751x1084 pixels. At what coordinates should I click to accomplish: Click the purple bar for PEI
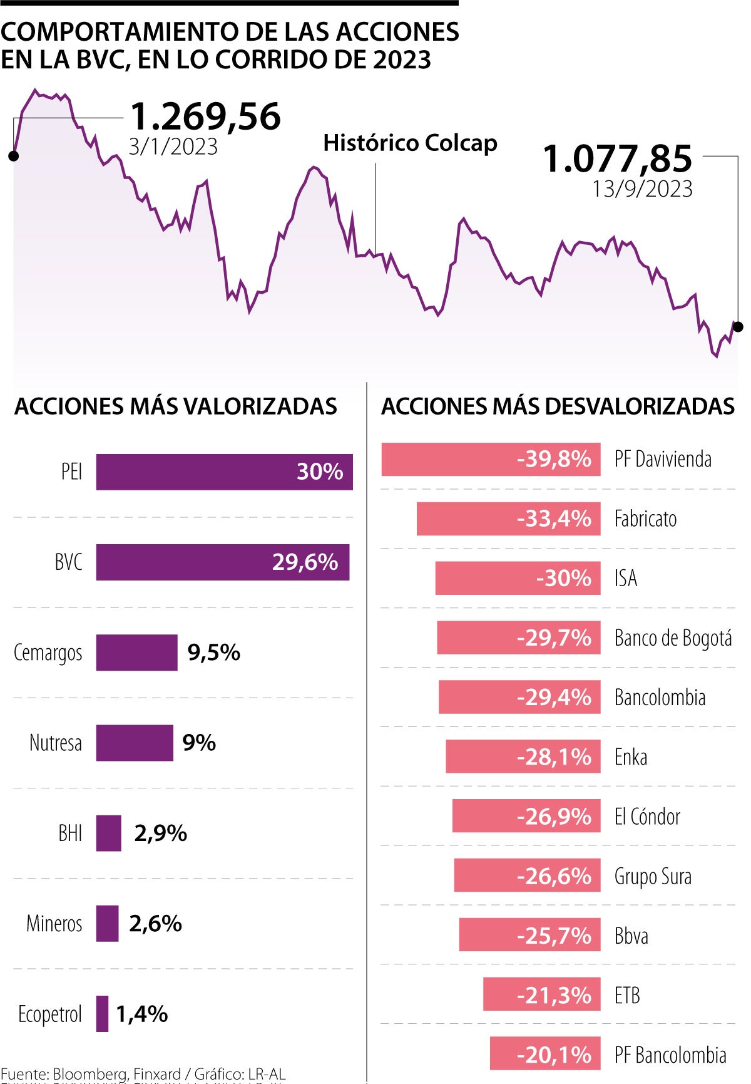click(x=224, y=472)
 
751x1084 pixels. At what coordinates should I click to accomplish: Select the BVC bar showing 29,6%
click(x=222, y=562)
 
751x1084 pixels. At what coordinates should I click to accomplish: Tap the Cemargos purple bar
click(x=136, y=653)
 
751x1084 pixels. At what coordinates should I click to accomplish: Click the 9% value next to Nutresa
click(x=199, y=743)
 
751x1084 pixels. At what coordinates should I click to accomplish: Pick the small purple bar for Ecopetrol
click(x=102, y=1013)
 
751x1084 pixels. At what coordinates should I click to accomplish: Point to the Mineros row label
click(x=54, y=923)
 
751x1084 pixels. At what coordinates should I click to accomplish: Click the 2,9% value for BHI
click(x=160, y=833)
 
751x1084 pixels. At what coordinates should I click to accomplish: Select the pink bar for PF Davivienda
click(x=491, y=459)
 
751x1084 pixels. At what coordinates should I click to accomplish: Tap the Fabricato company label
click(x=645, y=519)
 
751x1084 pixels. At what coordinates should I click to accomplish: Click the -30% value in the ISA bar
click(x=563, y=577)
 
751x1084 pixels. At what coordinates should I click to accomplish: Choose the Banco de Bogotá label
click(x=673, y=637)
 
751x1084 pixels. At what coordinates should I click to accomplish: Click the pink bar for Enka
click(x=523, y=756)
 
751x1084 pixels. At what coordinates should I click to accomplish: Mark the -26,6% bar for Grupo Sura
click(x=527, y=875)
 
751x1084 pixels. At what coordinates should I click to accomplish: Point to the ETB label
click(x=627, y=994)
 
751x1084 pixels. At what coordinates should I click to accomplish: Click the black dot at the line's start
click(x=13, y=156)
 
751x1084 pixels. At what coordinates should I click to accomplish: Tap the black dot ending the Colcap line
click(x=738, y=326)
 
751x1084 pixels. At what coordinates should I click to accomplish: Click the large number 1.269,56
click(x=205, y=116)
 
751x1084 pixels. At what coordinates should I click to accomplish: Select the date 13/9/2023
click(x=642, y=188)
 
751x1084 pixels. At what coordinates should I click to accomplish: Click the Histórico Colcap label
click(x=410, y=143)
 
